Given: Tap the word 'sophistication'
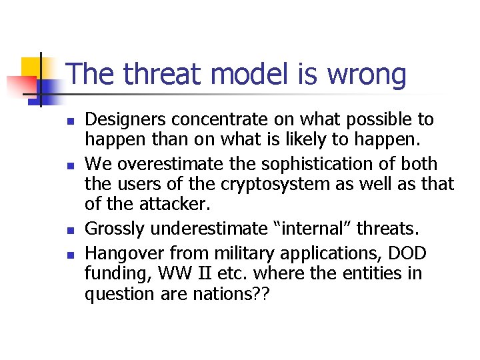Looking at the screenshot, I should click(301, 164).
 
